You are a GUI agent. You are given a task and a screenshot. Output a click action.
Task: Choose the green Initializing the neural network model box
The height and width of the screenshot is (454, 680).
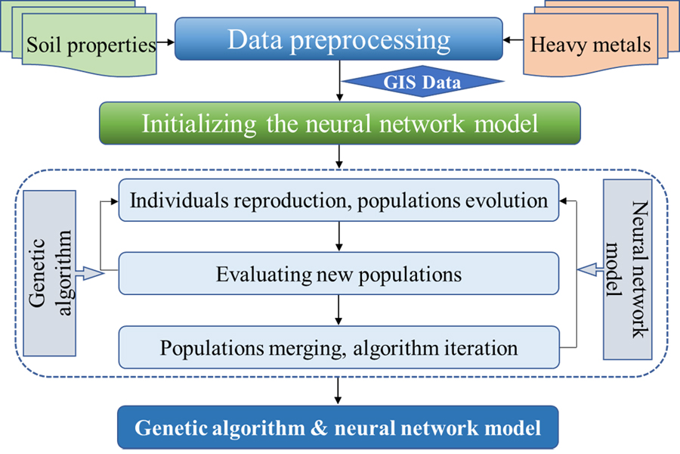[340, 123]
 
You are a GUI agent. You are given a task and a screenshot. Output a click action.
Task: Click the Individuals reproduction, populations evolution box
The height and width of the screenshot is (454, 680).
[338, 201]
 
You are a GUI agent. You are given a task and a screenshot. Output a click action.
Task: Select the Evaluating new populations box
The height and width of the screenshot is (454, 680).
[338, 274]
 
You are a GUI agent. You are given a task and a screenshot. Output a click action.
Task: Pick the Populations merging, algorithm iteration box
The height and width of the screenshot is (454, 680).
[338, 347]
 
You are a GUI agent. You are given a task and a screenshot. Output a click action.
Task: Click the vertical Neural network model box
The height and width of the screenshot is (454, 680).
[629, 269]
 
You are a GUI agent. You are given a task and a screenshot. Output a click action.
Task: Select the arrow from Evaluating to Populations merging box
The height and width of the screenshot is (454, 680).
[338, 310]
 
